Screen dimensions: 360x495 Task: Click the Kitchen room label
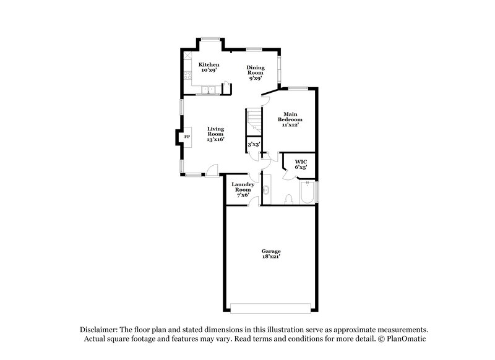[209, 64]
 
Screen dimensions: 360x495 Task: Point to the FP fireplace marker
[186, 137]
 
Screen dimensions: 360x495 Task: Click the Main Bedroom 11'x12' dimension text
[293, 125]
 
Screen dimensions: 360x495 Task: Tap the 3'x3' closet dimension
[254, 144]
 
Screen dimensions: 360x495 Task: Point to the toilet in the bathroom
[288, 199]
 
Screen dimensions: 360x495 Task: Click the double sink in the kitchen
[209, 90]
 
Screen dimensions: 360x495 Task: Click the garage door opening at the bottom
[272, 307]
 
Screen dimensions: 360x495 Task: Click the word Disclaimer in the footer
[98, 329]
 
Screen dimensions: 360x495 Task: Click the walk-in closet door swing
[286, 174]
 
